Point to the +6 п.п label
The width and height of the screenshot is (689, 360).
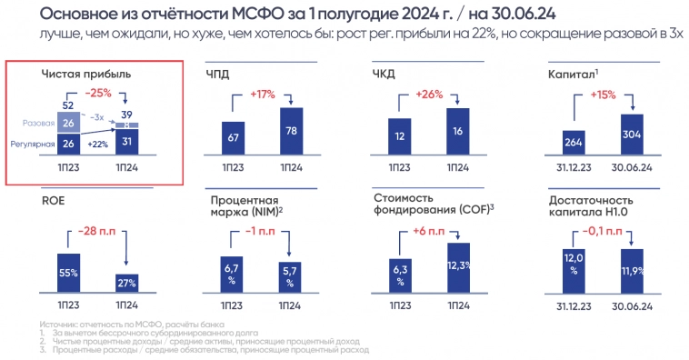(x=431, y=231)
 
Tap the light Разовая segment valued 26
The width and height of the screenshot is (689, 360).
(x=68, y=123)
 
